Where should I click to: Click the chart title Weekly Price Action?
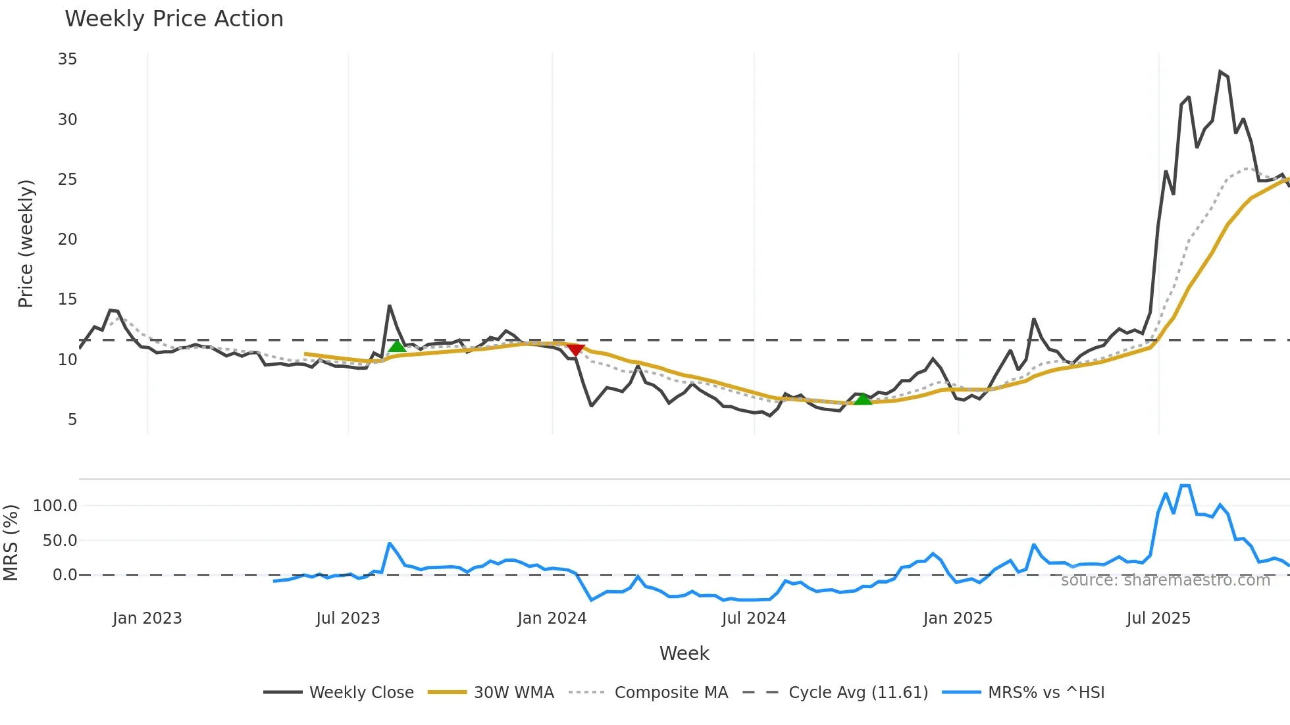coord(174,19)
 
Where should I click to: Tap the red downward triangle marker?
coord(575,350)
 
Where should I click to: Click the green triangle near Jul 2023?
coord(397,346)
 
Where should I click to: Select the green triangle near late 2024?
coord(863,399)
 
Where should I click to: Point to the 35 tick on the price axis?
coord(67,59)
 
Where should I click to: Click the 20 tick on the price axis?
coord(67,239)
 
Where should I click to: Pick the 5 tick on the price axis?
coord(72,420)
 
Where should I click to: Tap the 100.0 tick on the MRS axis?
coord(55,506)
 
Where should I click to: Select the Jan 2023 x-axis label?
coord(147,618)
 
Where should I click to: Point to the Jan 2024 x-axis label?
coord(552,618)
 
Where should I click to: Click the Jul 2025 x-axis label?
coord(1158,618)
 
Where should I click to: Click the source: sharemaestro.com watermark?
coord(1165,580)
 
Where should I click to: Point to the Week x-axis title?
coord(684,653)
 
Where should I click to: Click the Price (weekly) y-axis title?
coord(26,243)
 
